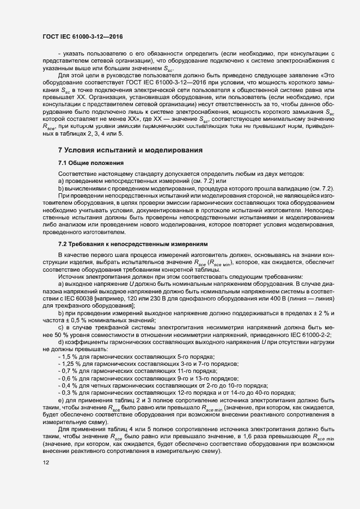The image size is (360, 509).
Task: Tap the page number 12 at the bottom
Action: [x=46, y=478]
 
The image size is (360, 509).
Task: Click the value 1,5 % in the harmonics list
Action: [x=71, y=355]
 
